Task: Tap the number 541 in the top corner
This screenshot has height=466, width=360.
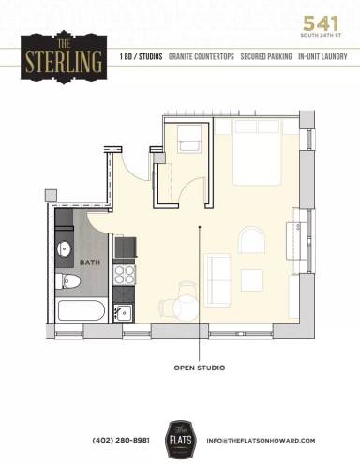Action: [322, 23]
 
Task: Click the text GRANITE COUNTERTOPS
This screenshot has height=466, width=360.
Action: [202, 57]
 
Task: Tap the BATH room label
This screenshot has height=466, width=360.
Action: [89, 263]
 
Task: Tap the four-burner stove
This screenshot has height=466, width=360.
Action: [125, 274]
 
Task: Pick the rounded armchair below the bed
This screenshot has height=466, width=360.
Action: [252, 241]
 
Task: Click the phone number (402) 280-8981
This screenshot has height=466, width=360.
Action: [121, 440]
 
